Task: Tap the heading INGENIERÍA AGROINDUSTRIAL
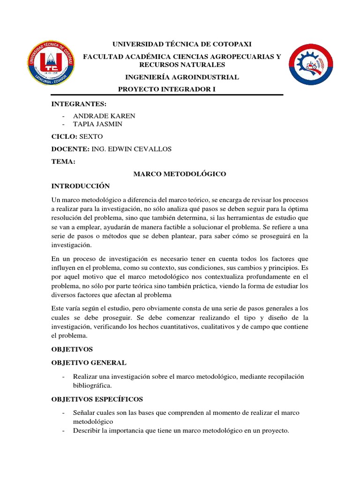(x=181, y=77)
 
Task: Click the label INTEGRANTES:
(x=79, y=103)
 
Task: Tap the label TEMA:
(x=63, y=162)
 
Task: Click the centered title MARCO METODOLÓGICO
(x=180, y=174)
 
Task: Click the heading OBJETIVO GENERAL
(x=89, y=362)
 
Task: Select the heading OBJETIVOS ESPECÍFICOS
(x=97, y=399)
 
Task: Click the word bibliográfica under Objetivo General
(x=92, y=385)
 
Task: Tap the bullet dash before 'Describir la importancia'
(x=63, y=430)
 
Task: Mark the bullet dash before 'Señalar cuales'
(x=63, y=412)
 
